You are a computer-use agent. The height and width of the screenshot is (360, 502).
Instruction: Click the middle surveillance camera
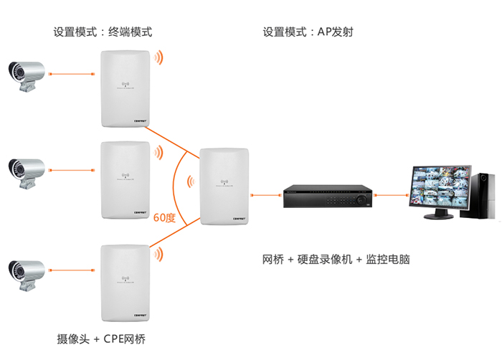[x=26, y=171]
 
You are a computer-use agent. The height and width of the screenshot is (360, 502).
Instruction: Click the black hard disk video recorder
[x=327, y=196]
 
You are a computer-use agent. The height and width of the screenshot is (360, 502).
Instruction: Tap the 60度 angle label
[x=165, y=216]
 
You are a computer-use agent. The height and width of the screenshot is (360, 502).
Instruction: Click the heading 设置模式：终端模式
[x=103, y=32]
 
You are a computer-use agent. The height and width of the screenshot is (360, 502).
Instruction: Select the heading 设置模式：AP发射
[x=308, y=32]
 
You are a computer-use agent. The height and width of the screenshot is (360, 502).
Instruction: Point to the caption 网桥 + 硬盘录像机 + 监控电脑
[x=336, y=259]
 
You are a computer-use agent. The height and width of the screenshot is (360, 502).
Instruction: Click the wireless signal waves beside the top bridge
[x=161, y=58]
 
